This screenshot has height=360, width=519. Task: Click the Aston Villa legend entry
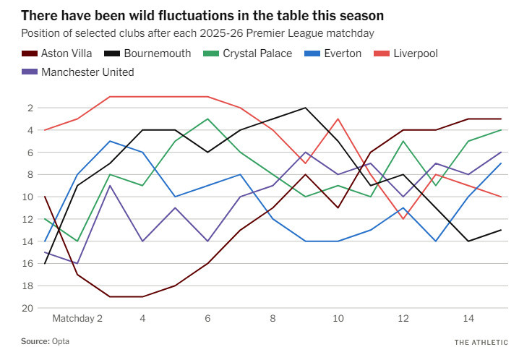point(66,53)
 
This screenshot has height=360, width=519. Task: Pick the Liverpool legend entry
point(415,53)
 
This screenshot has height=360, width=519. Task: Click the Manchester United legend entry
point(87,72)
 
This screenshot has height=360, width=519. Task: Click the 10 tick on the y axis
point(28,197)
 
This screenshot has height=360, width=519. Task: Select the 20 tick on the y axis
point(28,308)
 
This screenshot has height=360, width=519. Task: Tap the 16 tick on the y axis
point(28,263)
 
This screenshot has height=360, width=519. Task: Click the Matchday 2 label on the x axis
point(77,318)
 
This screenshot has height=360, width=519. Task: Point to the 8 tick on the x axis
point(273,318)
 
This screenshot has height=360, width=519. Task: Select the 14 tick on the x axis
point(468,318)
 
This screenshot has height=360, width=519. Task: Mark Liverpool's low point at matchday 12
point(403,219)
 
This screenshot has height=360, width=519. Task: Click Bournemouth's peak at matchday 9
point(305,108)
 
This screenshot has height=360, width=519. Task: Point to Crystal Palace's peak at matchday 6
point(207,119)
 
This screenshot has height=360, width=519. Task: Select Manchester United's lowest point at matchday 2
point(77,263)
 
